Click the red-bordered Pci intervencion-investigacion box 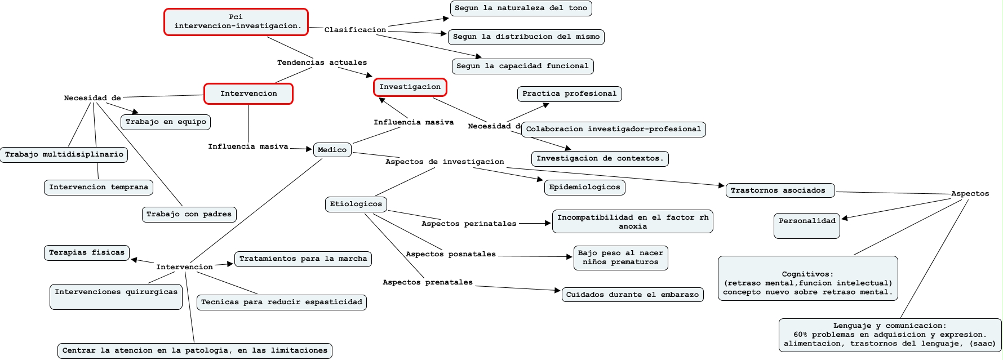click(236, 22)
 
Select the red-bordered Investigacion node click(410, 87)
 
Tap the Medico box click(332, 150)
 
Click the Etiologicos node click(356, 205)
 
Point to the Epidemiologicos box click(584, 188)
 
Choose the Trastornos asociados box click(780, 190)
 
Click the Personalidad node click(807, 225)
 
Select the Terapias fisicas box click(87, 253)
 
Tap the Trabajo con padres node click(189, 214)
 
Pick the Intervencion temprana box click(99, 187)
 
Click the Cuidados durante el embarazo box click(632, 295)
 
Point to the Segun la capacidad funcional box click(522, 66)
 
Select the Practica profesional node click(569, 94)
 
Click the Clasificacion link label click(355, 30)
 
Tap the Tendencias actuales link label click(322, 63)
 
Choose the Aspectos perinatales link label click(469, 224)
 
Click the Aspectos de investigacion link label click(445, 162)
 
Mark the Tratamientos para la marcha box click(303, 259)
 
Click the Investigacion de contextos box click(600, 159)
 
